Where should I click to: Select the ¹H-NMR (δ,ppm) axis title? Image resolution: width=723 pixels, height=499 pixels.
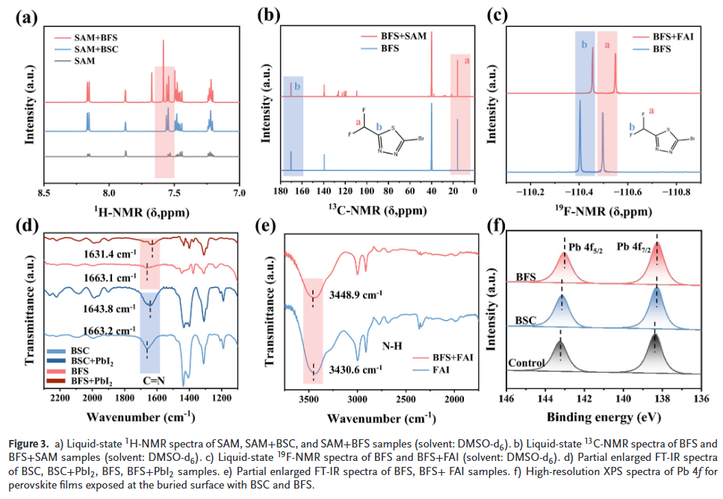tap(141, 211)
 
